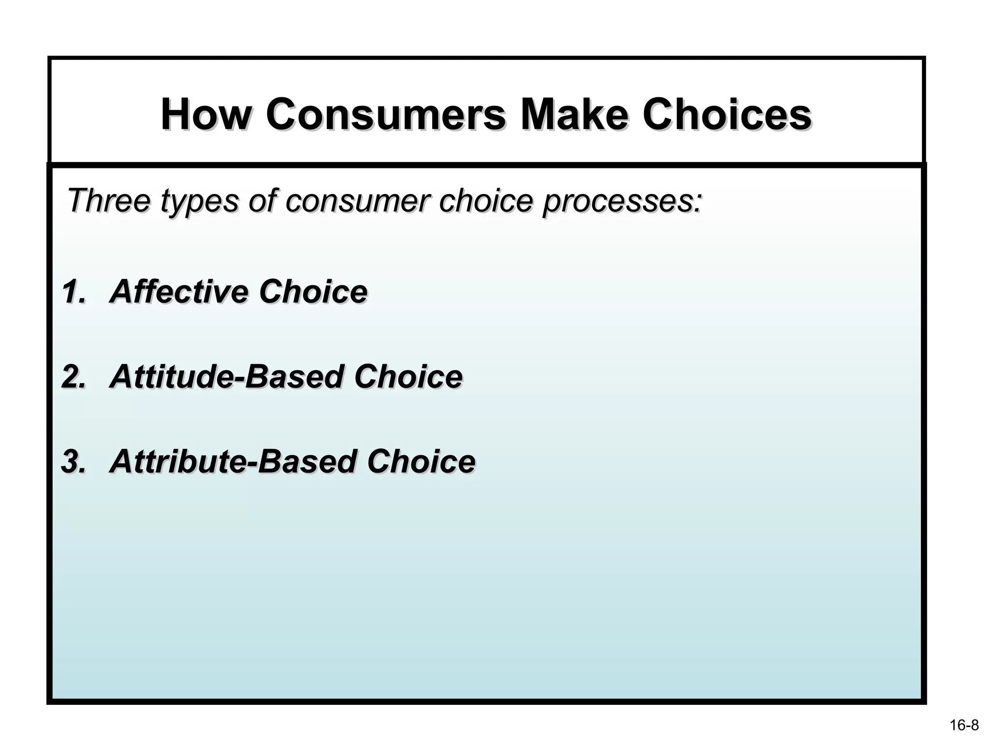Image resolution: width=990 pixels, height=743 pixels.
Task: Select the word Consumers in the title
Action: pos(385,115)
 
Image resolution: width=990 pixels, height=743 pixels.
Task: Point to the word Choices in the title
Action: pos(727,115)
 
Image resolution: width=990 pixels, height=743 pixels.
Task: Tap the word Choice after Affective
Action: pos(313,292)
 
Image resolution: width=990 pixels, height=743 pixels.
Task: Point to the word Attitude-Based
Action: pos(226,377)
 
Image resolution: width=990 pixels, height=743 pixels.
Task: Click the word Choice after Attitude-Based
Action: pos(408,377)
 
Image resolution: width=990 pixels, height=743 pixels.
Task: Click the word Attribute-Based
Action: pos(232,461)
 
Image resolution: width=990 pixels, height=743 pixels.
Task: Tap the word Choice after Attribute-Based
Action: pos(421,461)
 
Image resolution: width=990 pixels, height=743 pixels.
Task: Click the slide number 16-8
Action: pos(964,725)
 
